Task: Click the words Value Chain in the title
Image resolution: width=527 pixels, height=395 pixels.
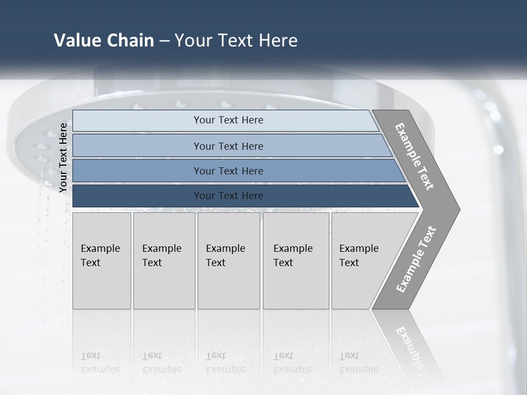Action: pos(104,41)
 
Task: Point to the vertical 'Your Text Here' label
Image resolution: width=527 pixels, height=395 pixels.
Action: pos(63,157)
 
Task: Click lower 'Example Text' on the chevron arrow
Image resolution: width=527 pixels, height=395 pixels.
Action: pos(416,259)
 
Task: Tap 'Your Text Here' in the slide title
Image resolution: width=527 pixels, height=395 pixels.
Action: pos(236,41)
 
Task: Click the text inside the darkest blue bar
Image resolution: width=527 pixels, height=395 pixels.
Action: pos(228,196)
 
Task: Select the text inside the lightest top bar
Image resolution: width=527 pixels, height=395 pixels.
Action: pos(228,120)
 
